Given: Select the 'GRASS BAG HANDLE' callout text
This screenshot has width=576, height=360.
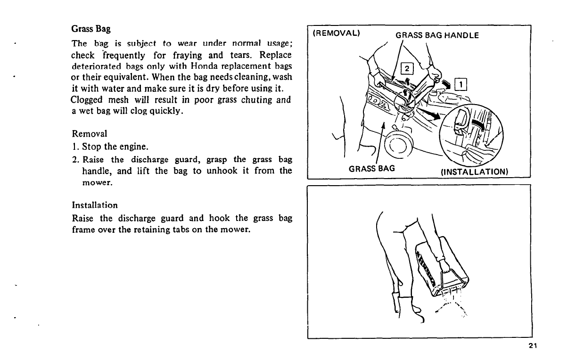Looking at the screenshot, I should (x=437, y=35).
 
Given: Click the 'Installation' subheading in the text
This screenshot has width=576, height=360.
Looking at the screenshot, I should (x=94, y=205).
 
